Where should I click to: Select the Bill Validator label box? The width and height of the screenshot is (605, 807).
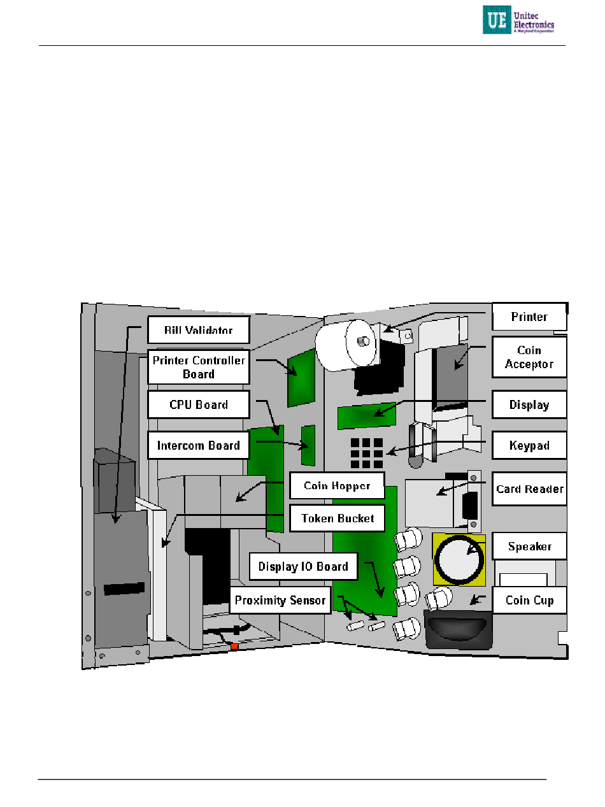[198, 330]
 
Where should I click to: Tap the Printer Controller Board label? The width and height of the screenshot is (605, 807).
[198, 367]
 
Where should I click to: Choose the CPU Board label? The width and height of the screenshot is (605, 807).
[198, 404]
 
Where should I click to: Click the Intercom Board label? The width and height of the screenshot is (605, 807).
[198, 445]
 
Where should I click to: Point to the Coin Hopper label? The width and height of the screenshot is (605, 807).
[337, 485]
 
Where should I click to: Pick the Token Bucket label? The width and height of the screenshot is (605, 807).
[337, 518]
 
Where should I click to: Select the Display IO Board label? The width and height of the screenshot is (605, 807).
[303, 566]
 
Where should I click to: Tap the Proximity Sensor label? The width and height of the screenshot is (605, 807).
[280, 600]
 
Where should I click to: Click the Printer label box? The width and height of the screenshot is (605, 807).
[529, 317]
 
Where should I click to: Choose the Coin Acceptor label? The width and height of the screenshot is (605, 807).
[529, 357]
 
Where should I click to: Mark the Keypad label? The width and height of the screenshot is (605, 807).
[529, 445]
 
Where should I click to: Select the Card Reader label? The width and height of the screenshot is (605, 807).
[529, 489]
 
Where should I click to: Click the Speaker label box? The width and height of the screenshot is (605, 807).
[529, 546]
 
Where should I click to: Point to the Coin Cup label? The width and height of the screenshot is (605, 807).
[529, 600]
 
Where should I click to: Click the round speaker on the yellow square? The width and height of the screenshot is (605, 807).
[460, 559]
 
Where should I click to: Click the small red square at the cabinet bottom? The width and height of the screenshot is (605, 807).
[234, 646]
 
